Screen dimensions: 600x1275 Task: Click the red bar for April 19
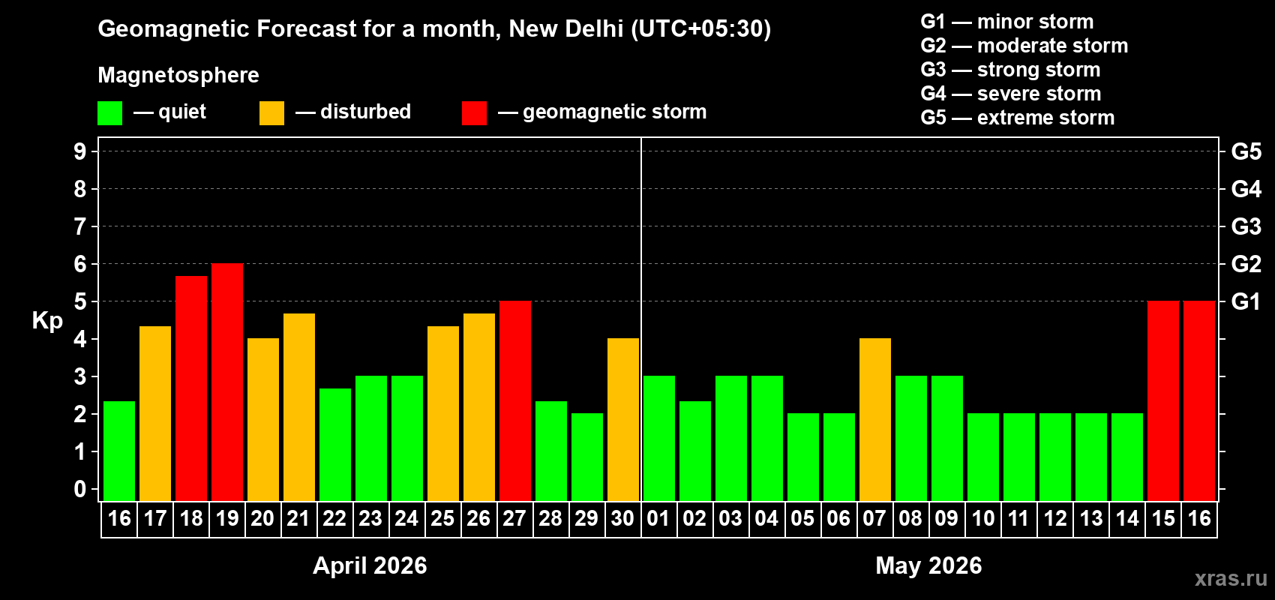click(x=227, y=382)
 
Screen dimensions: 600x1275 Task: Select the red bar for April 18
click(x=191, y=388)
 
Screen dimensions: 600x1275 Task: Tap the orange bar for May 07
click(x=875, y=419)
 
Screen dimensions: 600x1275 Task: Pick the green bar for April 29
click(x=587, y=457)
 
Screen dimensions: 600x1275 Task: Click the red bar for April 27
click(x=515, y=400)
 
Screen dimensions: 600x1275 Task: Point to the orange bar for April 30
click(x=623, y=419)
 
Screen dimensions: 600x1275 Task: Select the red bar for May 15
click(x=1163, y=400)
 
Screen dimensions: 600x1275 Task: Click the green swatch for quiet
click(x=109, y=113)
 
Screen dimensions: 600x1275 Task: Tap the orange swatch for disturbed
click(x=271, y=113)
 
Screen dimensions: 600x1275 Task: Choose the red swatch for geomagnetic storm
click(x=474, y=113)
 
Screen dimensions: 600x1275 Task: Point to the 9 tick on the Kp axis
click(x=80, y=151)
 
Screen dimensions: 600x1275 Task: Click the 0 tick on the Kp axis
click(x=80, y=490)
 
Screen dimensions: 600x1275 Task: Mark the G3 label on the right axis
click(x=1246, y=226)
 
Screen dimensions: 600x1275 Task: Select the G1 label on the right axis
click(x=1246, y=301)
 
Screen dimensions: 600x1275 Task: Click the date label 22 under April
click(x=334, y=518)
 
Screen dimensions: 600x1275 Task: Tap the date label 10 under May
click(x=983, y=518)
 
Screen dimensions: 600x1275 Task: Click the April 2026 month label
click(x=370, y=565)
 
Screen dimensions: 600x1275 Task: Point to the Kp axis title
click(x=47, y=321)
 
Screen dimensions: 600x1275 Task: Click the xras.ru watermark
click(x=1231, y=578)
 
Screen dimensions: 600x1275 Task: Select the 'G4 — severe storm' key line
click(x=1011, y=94)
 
